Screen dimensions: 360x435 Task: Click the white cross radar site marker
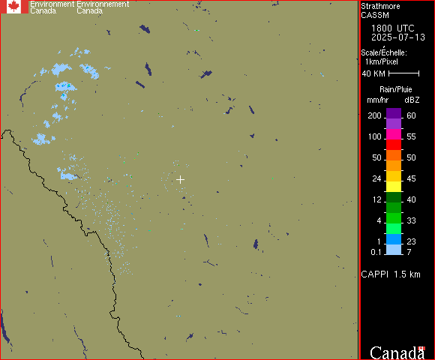click(180, 179)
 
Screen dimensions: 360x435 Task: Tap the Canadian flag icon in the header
click(14, 7)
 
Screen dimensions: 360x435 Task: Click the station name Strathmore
click(380, 7)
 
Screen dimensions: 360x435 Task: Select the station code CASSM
click(375, 15)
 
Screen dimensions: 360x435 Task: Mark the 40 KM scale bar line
click(403, 73)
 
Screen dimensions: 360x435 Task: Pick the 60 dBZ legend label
click(412, 115)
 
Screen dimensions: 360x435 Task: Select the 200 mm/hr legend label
click(374, 115)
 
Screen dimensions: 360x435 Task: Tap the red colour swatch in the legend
click(394, 143)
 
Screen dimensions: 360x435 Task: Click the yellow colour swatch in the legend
click(394, 185)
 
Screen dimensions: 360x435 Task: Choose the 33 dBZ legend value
click(412, 220)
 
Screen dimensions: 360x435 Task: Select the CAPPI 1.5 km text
click(391, 274)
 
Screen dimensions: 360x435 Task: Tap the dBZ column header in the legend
click(412, 100)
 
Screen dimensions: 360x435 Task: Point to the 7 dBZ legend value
click(412, 251)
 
